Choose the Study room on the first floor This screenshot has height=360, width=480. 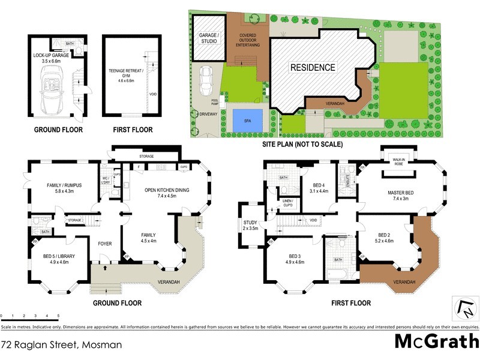(x=248, y=226)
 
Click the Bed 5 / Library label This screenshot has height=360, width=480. (x=56, y=259)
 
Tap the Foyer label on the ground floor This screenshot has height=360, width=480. (x=105, y=244)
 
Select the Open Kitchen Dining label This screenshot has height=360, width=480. (x=167, y=193)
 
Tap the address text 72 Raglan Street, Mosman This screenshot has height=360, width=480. (x=61, y=345)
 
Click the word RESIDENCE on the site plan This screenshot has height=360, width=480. (x=313, y=67)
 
